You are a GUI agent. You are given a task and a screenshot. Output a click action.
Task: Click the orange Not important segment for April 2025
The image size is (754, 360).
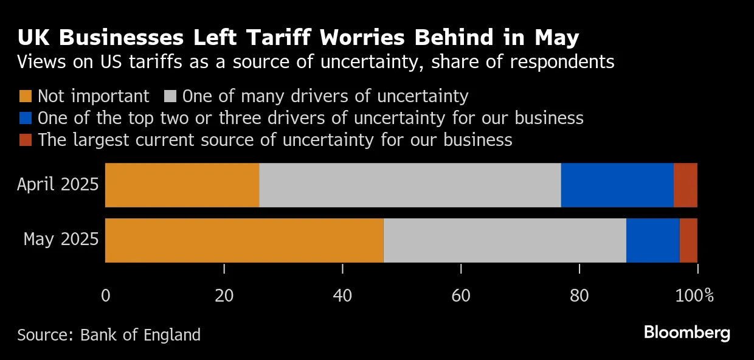click(x=182, y=185)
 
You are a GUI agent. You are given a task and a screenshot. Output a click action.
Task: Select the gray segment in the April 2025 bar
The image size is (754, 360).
click(x=410, y=185)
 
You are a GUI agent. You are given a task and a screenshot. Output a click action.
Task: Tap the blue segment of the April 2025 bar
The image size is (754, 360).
click(x=617, y=185)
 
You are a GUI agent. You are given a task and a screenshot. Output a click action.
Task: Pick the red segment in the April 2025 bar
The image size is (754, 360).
click(x=685, y=185)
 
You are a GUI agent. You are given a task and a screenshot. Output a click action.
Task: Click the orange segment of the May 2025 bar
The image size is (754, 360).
click(x=244, y=240)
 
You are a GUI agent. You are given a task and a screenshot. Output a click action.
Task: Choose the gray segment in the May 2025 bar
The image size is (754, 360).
click(x=505, y=240)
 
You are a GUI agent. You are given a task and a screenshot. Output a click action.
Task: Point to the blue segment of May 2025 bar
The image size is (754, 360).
click(x=652, y=240)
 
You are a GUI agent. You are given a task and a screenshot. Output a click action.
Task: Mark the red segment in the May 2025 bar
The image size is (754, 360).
click(x=688, y=240)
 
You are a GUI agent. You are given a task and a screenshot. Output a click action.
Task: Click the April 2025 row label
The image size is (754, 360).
click(x=58, y=184)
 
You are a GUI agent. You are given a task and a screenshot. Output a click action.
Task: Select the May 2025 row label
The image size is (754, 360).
click(x=61, y=240)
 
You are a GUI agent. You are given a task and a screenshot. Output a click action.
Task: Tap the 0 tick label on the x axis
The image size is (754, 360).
click(x=106, y=296)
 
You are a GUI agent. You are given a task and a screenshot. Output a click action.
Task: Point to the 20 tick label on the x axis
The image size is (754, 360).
click(x=224, y=296)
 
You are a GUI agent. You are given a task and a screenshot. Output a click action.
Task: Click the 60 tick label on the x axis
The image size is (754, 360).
click(x=462, y=296)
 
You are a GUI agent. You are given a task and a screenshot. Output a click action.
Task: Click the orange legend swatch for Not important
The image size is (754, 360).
click(x=25, y=96)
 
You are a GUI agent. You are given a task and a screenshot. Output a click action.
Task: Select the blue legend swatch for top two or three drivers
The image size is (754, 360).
click(x=25, y=118)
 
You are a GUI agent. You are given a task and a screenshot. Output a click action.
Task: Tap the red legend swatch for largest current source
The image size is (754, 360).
click(x=25, y=140)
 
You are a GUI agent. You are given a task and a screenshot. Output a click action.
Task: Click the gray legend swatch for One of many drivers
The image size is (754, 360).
click(x=170, y=96)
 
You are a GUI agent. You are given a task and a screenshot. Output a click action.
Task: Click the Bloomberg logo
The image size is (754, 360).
click(x=687, y=333)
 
